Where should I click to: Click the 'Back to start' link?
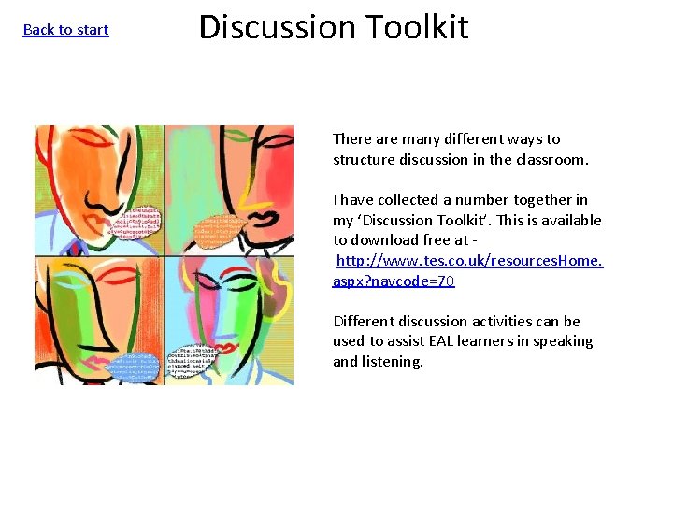pos(65,30)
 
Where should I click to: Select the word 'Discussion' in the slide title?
pos(278,26)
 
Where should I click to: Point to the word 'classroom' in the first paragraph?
pos(551,159)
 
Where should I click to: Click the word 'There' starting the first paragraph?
pos(352,138)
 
